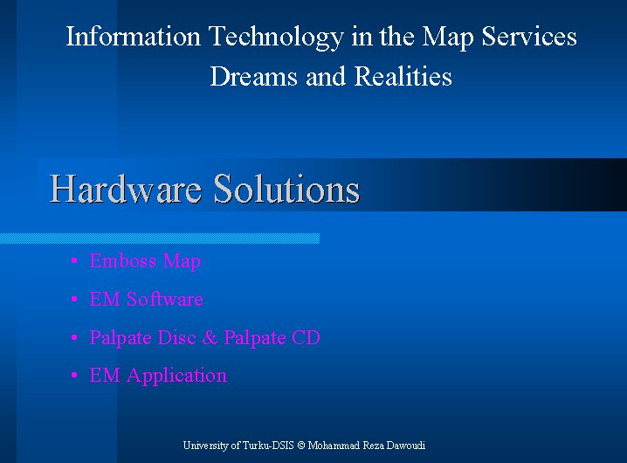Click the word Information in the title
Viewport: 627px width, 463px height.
click(x=133, y=36)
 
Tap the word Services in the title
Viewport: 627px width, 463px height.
click(x=529, y=36)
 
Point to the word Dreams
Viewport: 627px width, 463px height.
click(x=254, y=76)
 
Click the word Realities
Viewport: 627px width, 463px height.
click(x=403, y=76)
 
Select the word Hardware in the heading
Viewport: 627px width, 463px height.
click(x=126, y=189)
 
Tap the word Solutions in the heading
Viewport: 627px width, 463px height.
click(x=286, y=189)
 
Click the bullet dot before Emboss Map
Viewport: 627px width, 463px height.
click(x=74, y=261)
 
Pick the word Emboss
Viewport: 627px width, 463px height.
click(x=123, y=260)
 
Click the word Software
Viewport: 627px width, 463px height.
click(x=165, y=299)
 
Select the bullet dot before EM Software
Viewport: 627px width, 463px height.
click(x=74, y=299)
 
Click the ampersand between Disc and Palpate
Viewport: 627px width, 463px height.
click(x=210, y=337)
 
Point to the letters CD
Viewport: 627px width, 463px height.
click(x=306, y=337)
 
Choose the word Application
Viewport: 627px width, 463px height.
click(x=176, y=377)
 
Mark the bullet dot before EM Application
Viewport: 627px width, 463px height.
click(x=74, y=376)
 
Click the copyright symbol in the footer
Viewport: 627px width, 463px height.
click(x=301, y=446)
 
